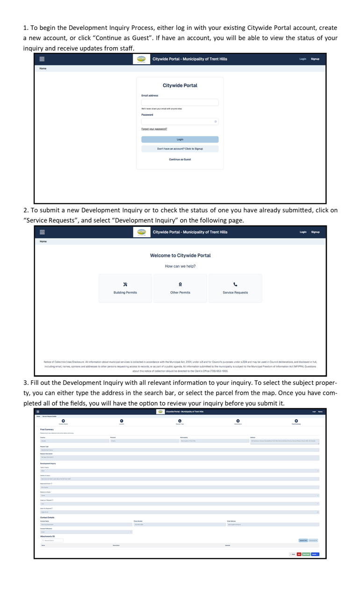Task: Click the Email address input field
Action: click(x=180, y=102)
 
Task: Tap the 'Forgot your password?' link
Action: click(x=154, y=129)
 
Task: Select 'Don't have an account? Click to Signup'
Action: click(x=180, y=149)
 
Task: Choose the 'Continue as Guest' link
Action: click(x=180, y=159)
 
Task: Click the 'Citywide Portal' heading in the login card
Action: click(x=180, y=86)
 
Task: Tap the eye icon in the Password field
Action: click(x=216, y=122)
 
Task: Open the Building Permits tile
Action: click(x=125, y=289)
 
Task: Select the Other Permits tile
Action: click(x=180, y=289)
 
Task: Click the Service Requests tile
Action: click(x=235, y=289)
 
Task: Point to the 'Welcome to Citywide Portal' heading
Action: click(x=180, y=255)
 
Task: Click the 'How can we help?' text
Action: click(x=180, y=266)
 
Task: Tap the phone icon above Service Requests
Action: click(x=235, y=284)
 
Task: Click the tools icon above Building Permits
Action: click(x=125, y=284)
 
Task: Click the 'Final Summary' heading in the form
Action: click(x=47, y=429)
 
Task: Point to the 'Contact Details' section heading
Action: click(x=47, y=518)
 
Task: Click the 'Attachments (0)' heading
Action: click(x=48, y=536)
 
